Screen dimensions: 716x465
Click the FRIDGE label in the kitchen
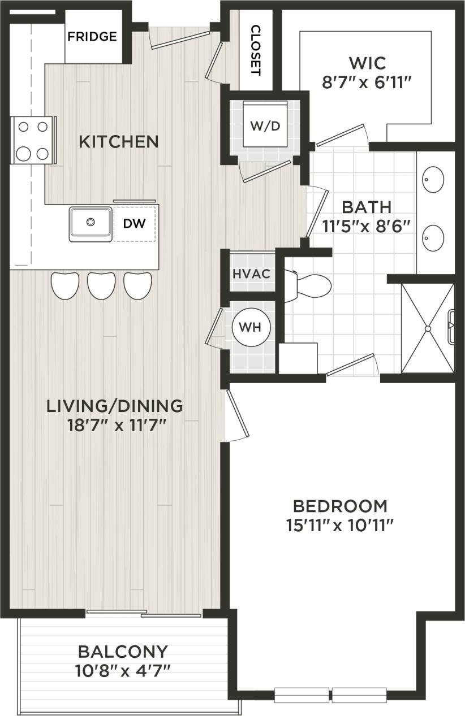point(92,37)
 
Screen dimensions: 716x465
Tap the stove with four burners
point(32,140)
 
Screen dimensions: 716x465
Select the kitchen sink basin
point(91,223)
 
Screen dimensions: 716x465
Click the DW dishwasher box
point(135,224)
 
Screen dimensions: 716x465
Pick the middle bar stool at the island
point(101,285)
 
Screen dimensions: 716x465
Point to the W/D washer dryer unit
point(265,125)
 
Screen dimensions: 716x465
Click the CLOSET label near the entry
point(255,50)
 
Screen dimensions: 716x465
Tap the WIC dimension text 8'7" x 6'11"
point(365,83)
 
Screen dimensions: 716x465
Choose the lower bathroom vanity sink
point(434,238)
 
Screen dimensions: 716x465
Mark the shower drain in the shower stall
point(428,328)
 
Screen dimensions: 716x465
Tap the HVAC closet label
point(252,274)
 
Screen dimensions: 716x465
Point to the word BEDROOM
point(339,505)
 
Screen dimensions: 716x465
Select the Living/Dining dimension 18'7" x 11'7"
point(115,424)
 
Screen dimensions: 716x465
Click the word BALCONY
point(123,652)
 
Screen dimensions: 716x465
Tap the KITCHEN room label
point(118,141)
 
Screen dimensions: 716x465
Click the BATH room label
point(366,207)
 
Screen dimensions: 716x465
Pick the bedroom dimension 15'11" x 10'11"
point(339,526)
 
